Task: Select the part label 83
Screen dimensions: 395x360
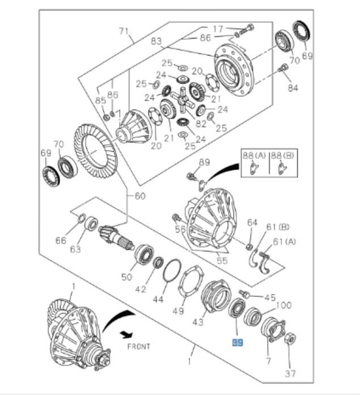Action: click(x=155, y=41)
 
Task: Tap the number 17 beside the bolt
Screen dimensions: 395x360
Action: click(x=218, y=28)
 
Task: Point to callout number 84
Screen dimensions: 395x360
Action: click(x=292, y=87)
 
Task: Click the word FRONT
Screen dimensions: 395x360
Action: click(x=139, y=345)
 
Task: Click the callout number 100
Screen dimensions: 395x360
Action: click(x=283, y=305)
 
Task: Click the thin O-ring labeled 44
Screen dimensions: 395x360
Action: click(x=172, y=271)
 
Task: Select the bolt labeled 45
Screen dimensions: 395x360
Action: click(x=244, y=293)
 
